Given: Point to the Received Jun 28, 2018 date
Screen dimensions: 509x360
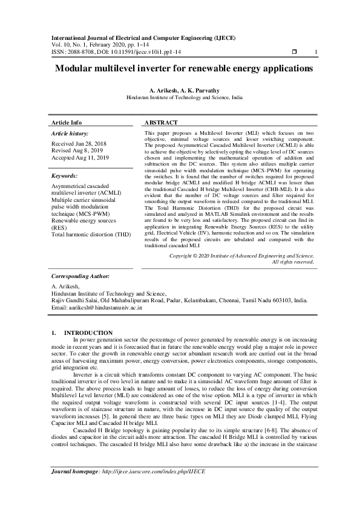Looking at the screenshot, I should pos(79,144).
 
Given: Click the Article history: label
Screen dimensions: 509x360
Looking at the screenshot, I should pos(70,133).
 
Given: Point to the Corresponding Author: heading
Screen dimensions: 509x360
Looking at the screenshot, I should pos(80,276).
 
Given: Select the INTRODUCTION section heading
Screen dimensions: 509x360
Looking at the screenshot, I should pos(88,333).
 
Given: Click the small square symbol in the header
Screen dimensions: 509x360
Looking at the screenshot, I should pos(294,52).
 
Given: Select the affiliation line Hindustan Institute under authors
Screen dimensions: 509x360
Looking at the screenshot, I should pos(184,97).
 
